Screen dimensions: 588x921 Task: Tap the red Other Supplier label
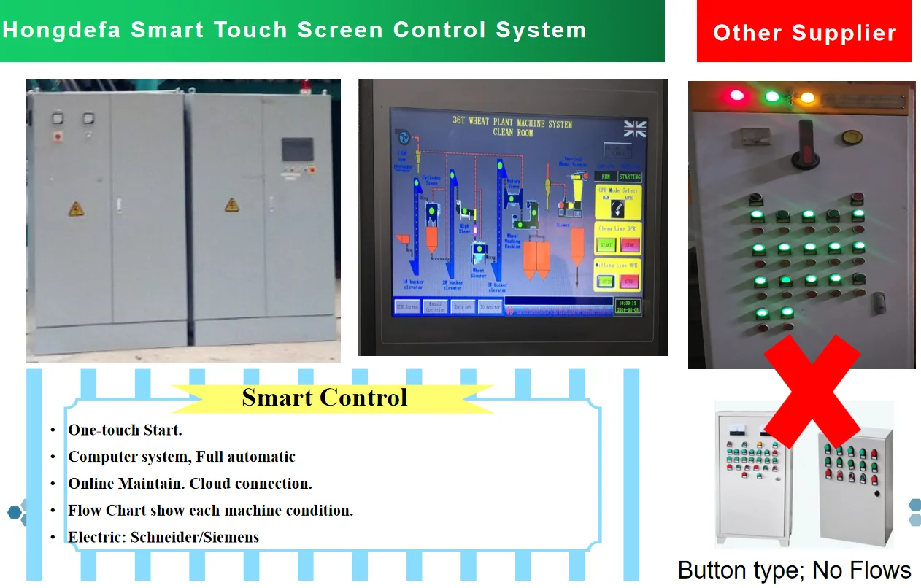click(804, 33)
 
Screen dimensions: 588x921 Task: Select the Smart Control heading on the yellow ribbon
click(324, 398)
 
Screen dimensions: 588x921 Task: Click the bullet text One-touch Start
click(125, 430)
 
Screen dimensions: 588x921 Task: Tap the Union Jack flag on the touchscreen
click(635, 129)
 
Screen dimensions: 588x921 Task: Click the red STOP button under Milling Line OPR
click(630, 280)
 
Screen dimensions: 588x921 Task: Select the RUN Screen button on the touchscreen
click(406, 307)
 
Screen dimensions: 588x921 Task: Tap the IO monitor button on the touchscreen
click(490, 307)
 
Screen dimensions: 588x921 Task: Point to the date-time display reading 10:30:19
click(628, 306)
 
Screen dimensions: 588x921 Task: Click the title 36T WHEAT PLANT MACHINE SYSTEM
click(512, 122)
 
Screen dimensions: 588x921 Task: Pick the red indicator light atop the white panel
click(736, 95)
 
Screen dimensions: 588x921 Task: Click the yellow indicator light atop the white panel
click(807, 97)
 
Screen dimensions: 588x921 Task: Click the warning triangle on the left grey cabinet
click(76, 209)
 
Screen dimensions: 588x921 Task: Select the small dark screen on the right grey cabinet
click(298, 149)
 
